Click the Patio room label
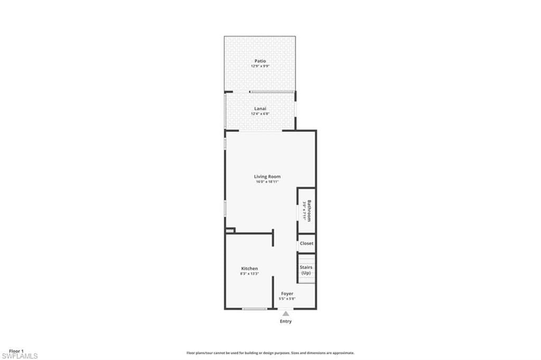[x=260, y=61]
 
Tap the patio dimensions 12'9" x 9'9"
[x=260, y=67]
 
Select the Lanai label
[x=259, y=109]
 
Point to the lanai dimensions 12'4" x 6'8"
[x=259, y=114]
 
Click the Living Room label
[x=267, y=177]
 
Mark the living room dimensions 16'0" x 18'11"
[x=267, y=182]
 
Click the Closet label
[x=306, y=244]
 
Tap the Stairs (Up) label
[x=306, y=270]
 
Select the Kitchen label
[x=249, y=269]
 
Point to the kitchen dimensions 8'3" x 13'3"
[x=249, y=274]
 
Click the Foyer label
[x=287, y=293]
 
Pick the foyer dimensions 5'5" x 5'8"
[x=287, y=299]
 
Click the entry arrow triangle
[x=286, y=313]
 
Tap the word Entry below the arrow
[x=285, y=321]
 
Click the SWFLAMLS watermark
[x=20, y=356]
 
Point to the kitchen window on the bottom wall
[x=254, y=309]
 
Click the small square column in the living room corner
[x=229, y=230]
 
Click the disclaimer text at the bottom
[x=270, y=353]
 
